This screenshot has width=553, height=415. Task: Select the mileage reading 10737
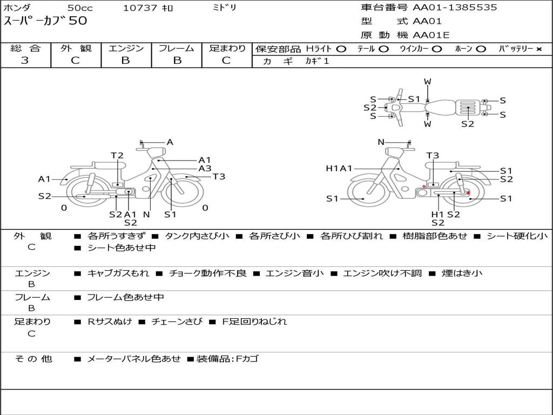click(140, 8)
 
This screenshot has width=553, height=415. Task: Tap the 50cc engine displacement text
click(79, 8)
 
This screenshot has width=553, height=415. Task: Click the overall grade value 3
click(25, 61)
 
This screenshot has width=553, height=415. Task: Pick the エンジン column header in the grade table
click(126, 49)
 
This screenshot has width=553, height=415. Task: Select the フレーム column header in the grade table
click(176, 49)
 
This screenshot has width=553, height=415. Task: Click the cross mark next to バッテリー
click(539, 49)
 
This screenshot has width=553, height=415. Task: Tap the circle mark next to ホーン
click(481, 49)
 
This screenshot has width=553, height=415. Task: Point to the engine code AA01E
click(431, 36)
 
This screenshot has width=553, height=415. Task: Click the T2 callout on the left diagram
click(117, 156)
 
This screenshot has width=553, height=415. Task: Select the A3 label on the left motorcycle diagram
click(205, 169)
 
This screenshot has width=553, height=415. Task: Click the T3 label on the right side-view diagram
click(433, 156)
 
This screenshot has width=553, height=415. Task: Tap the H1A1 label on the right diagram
click(339, 169)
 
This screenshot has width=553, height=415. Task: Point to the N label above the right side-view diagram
click(381, 142)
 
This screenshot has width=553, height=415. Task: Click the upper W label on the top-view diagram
click(427, 82)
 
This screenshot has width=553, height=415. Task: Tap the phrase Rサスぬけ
click(110, 322)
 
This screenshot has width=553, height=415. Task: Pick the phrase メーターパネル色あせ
click(134, 359)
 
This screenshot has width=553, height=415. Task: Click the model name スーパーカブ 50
click(45, 22)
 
